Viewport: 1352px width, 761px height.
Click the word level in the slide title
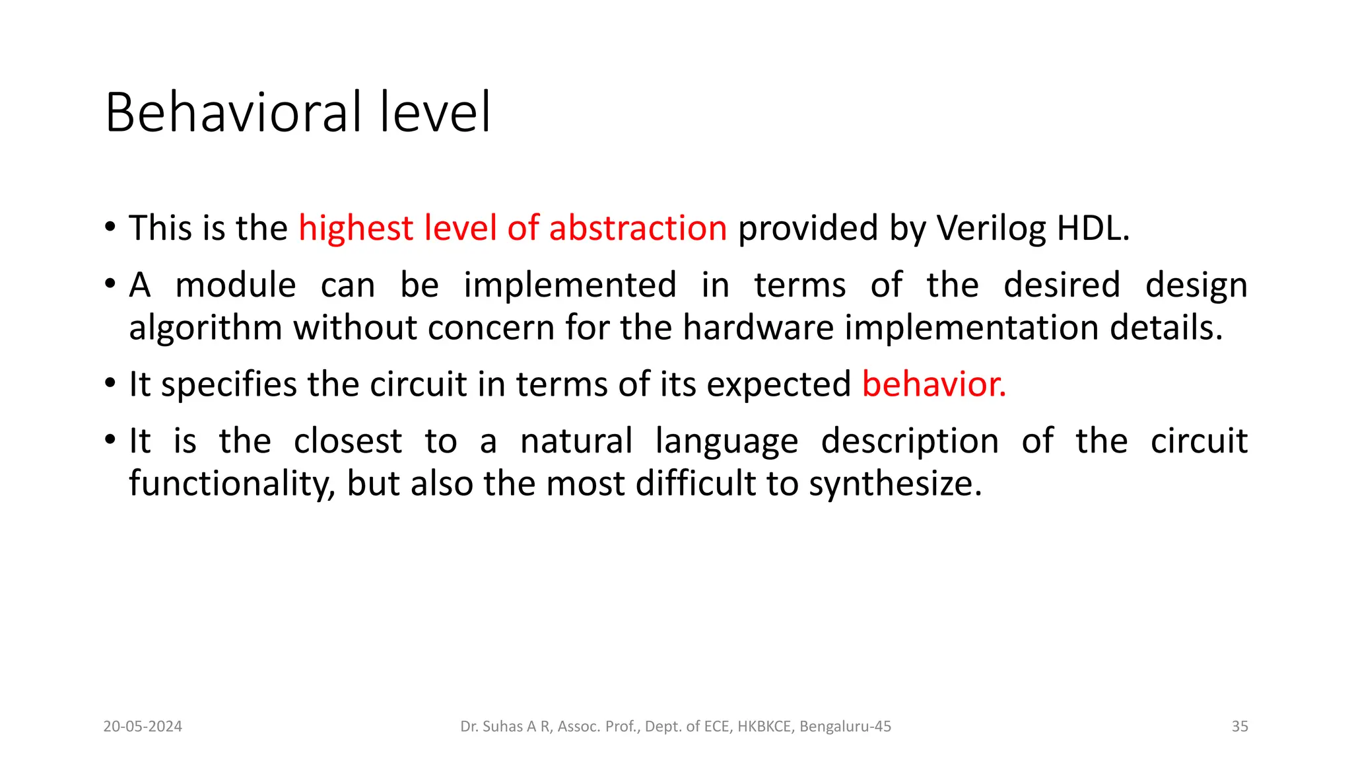pyautogui.click(x=435, y=112)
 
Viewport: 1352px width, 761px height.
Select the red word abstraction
pyautogui.click(x=638, y=228)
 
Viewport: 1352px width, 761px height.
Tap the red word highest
pyautogui.click(x=355, y=229)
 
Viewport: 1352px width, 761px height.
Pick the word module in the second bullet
pyautogui.click(x=236, y=285)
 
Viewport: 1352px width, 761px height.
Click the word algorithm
pyautogui.click(x=205, y=328)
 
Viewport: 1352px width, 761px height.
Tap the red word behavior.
pyautogui.click(x=933, y=384)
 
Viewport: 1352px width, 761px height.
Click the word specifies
pyautogui.click(x=228, y=385)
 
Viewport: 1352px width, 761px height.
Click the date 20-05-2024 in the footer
pyautogui.click(x=143, y=727)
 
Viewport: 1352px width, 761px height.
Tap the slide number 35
pyautogui.click(x=1240, y=727)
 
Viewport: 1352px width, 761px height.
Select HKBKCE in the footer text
pyautogui.click(x=764, y=727)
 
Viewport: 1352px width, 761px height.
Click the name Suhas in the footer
pyautogui.click(x=502, y=727)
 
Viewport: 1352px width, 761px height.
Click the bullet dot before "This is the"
pyautogui.click(x=110, y=228)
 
